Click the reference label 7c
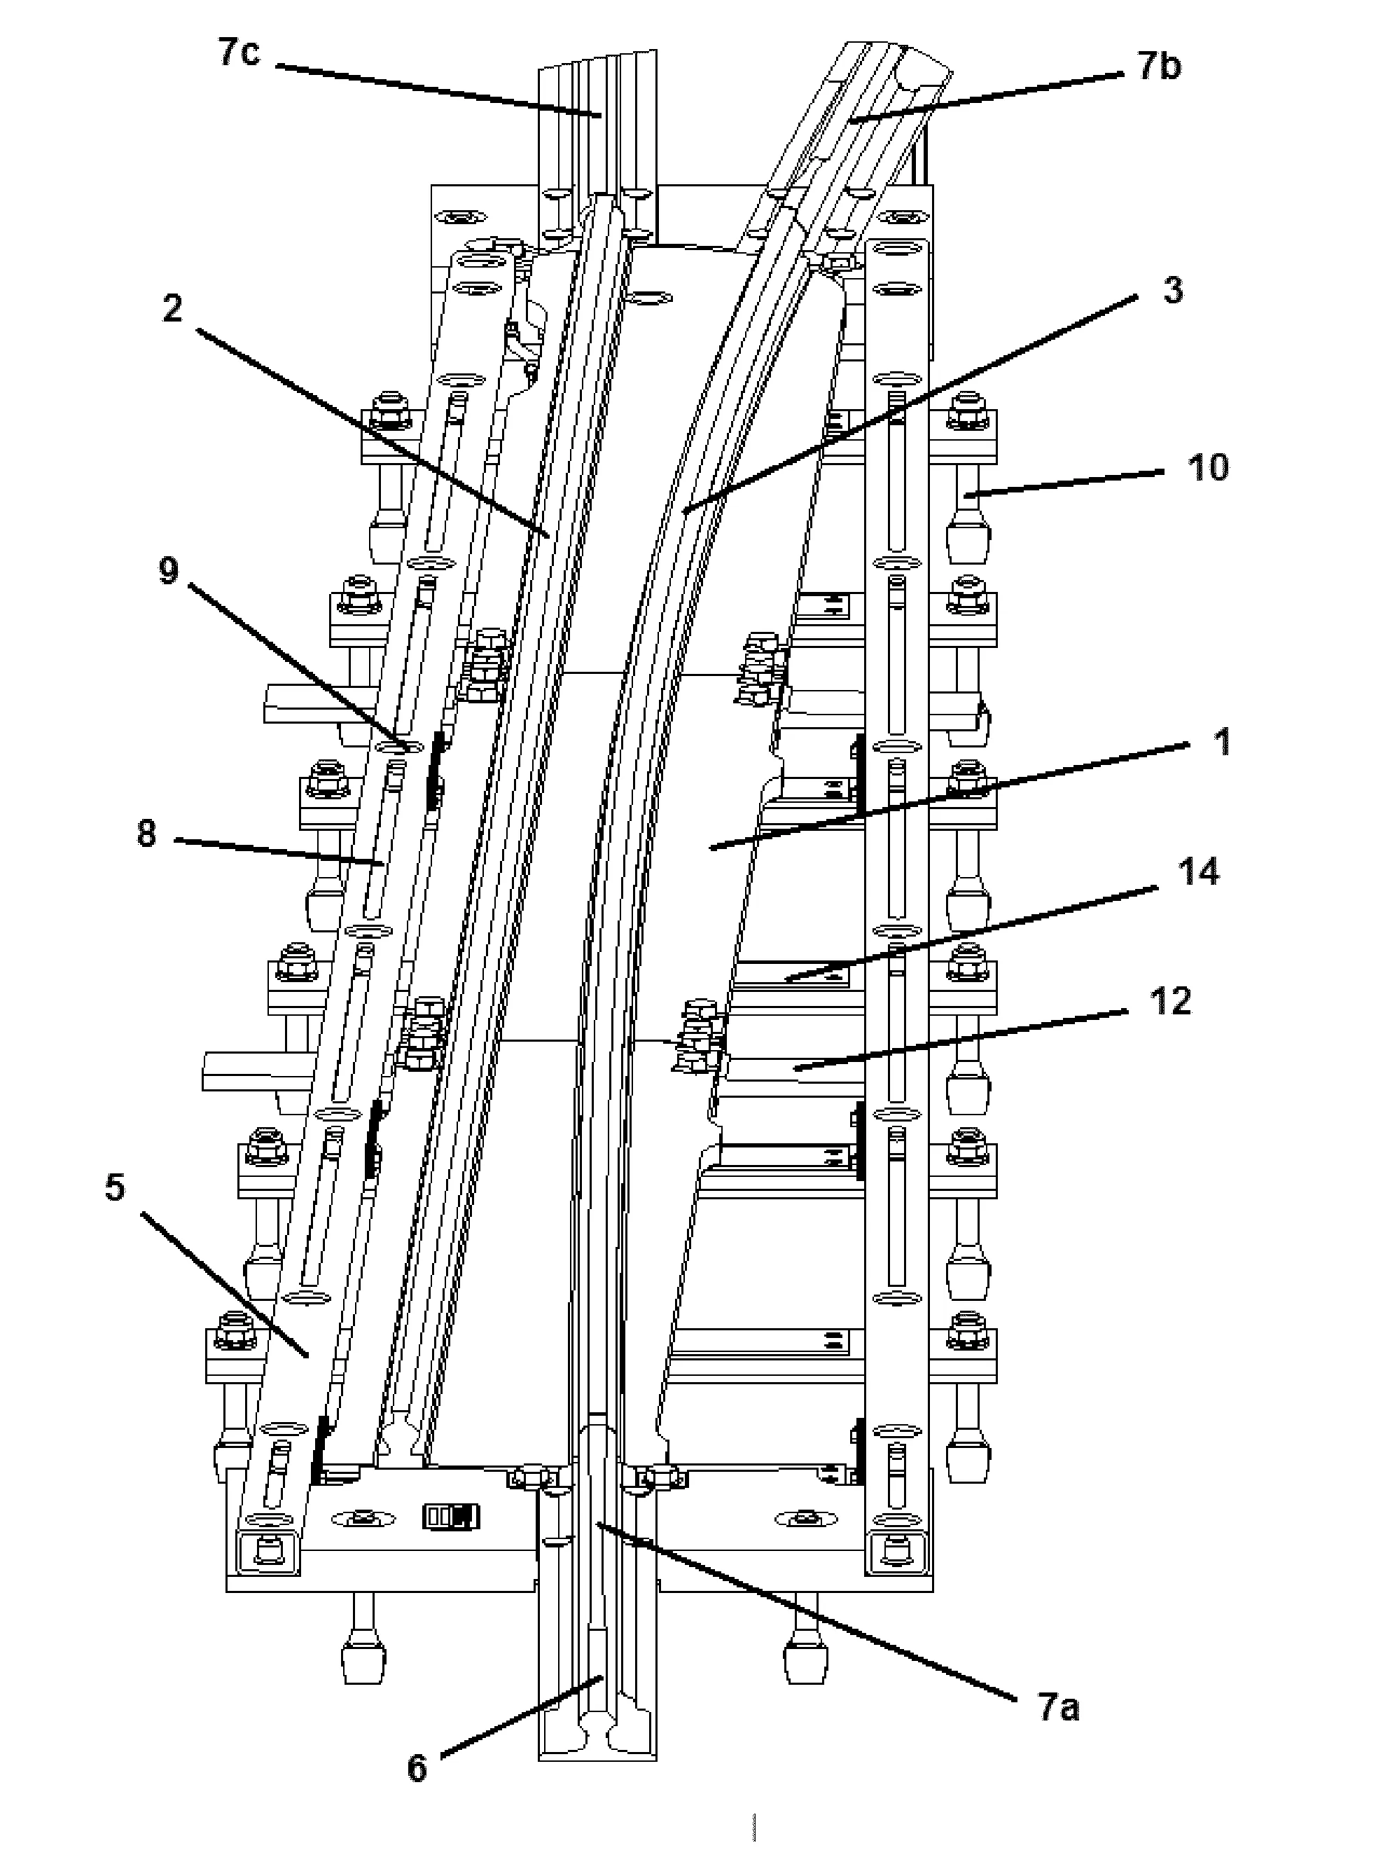[239, 53]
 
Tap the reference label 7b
[1159, 66]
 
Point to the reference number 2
[172, 309]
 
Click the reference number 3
[1172, 291]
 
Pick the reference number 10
[1207, 467]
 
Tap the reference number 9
[168, 572]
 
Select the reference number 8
[146, 834]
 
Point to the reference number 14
[1197, 872]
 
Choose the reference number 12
[1169, 1001]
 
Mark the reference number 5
[115, 1187]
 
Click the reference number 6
[417, 1768]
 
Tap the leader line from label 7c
[433, 88]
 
